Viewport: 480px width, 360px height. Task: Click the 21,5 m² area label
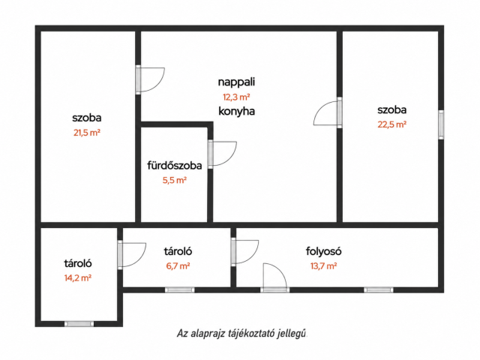tap(87, 133)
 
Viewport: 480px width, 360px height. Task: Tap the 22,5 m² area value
tap(391, 124)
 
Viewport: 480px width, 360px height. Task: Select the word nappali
tap(236, 82)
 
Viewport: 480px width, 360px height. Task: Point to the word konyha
tap(236, 111)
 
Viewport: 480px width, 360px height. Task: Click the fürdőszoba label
tap(175, 166)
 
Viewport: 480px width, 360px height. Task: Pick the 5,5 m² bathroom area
tap(175, 180)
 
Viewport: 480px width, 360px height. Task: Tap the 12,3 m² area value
tap(236, 97)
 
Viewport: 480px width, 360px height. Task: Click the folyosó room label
tap(323, 251)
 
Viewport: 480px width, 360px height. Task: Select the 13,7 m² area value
tap(323, 265)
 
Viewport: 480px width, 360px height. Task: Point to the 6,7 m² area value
tap(178, 265)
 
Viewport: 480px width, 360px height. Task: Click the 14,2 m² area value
tap(78, 277)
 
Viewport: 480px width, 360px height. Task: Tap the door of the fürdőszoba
tap(222, 154)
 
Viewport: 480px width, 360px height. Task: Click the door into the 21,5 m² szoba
tap(151, 79)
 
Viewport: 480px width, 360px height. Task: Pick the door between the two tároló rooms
tap(132, 255)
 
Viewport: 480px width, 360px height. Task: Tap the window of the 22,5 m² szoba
tap(441, 125)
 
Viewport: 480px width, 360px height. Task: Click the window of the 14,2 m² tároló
tap(79, 324)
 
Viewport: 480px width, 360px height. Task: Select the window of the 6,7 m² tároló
tap(180, 290)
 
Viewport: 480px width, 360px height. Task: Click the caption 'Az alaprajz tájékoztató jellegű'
tap(241, 333)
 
